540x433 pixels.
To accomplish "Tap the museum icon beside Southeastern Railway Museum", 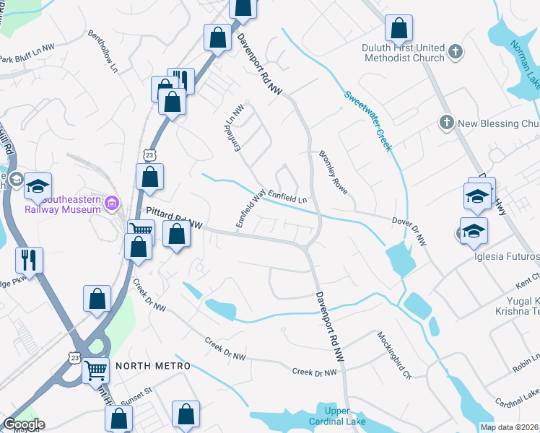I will point(111,204).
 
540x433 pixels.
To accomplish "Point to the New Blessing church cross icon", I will point(446,123).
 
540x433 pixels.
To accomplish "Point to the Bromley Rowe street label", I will point(334,173).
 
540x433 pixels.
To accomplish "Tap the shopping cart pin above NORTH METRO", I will point(95,369).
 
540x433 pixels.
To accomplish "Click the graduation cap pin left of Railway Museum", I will point(38,185).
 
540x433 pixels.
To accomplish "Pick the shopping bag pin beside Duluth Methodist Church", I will point(398,29).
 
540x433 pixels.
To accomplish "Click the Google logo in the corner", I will point(23,424).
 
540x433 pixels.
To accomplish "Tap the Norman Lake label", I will point(526,61).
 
